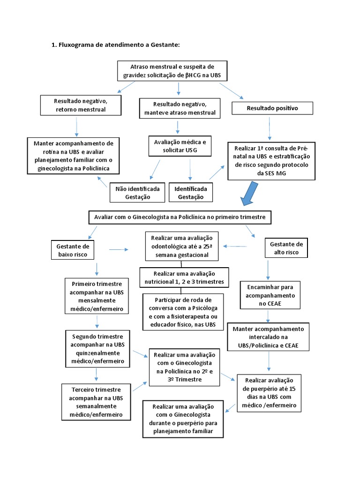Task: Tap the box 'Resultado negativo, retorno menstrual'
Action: pyautogui.click(x=81, y=105)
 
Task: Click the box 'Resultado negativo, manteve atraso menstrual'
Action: pyautogui.click(x=177, y=108)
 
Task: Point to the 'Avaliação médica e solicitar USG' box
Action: pyautogui.click(x=180, y=145)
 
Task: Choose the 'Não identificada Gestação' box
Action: pyautogui.click(x=137, y=193)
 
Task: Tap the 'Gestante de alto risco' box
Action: pyautogui.click(x=285, y=248)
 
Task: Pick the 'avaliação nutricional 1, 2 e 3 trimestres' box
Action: pyautogui.click(x=184, y=277)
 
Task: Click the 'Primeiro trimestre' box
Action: pyautogui.click(x=97, y=296)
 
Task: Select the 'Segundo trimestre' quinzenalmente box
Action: pyautogui.click(x=97, y=349)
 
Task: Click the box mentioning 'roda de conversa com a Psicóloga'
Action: pyautogui.click(x=183, y=312)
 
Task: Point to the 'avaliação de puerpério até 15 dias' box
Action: pyautogui.click(x=269, y=393)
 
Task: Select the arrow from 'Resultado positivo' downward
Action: pyautogui.click(x=269, y=128)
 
